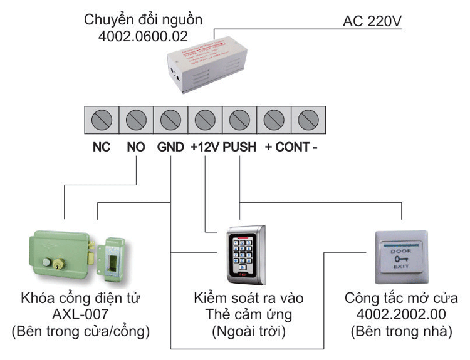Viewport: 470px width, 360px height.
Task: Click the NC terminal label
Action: (102, 148)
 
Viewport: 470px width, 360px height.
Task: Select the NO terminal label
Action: (136, 148)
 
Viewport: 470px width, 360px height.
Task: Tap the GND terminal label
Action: (170, 148)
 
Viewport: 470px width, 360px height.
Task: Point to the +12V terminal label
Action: (204, 148)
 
